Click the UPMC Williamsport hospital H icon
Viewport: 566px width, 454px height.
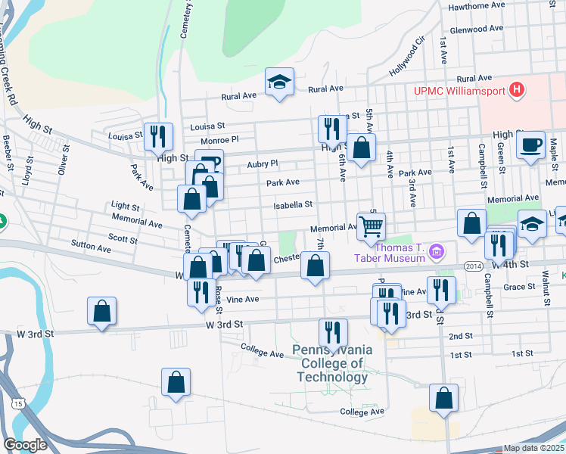pyautogui.click(x=517, y=91)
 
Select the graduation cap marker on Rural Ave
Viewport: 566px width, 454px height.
pyautogui.click(x=279, y=82)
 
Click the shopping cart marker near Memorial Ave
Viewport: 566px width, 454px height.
pyautogui.click(x=371, y=226)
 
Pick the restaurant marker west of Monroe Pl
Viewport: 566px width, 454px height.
pyautogui.click(x=158, y=136)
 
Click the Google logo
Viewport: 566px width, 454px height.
pyautogui.click(x=25, y=445)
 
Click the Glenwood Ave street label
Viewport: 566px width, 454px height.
pyautogui.click(x=477, y=29)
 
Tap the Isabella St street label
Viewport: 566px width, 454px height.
pyautogui.click(x=293, y=204)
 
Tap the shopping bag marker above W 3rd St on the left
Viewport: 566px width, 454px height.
pyautogui.click(x=101, y=311)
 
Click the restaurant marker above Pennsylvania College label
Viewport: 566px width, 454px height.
pyautogui.click(x=333, y=331)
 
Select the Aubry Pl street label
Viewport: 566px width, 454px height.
pyautogui.click(x=263, y=163)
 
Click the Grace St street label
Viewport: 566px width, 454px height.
pyautogui.click(x=519, y=287)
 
